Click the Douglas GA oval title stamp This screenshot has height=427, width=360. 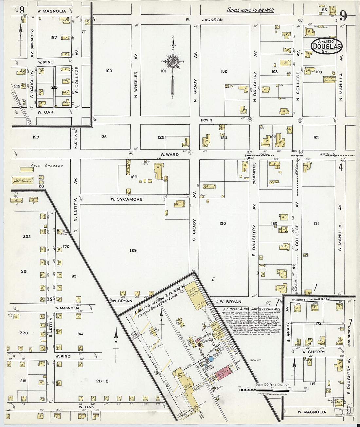pos(326,46)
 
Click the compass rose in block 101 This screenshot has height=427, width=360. pos(172,61)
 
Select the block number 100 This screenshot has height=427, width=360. pos(109,71)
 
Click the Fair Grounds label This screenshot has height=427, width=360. pos(47,166)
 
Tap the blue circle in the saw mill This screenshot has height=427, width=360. pos(211,359)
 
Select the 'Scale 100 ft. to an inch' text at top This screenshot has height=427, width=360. pos(250,10)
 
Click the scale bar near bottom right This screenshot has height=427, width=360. pos(272,390)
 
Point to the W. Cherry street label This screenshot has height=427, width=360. pos(314,352)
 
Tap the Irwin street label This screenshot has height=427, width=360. pos(207,120)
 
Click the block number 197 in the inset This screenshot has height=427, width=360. pos(54,37)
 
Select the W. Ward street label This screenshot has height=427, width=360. pos(170,154)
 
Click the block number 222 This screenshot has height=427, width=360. pos(27,236)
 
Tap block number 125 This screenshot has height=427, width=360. pos(161,137)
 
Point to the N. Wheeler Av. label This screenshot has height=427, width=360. pos(136,84)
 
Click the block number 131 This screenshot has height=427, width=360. pos(316,223)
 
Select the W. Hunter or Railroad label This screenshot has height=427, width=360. pos(311,299)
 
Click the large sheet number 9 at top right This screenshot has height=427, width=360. pos(343,16)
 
